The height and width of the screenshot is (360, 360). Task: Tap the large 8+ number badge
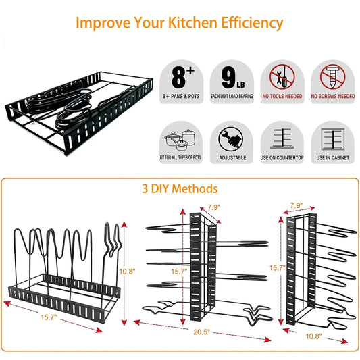[x=180, y=77]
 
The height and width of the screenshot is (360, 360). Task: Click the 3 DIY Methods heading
[x=180, y=188]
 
